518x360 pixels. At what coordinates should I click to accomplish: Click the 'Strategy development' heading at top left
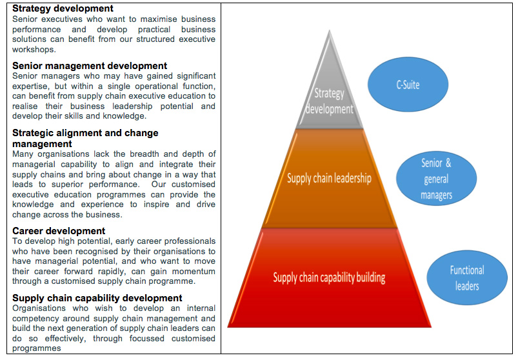pyautogui.click(x=63, y=8)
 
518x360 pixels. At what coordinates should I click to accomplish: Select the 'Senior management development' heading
pyautogui.click(x=90, y=65)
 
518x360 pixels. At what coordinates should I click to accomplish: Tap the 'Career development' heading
pyautogui.click(x=59, y=230)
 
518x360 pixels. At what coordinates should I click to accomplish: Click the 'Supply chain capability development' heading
pyautogui.click(x=97, y=297)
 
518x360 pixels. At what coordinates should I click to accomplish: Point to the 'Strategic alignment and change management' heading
pyautogui.click(x=85, y=137)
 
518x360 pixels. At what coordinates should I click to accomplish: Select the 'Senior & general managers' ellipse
pyautogui.click(x=436, y=179)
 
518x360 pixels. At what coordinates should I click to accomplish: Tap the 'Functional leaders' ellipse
pyautogui.click(x=466, y=278)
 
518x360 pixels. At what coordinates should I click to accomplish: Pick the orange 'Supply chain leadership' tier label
pyautogui.click(x=329, y=178)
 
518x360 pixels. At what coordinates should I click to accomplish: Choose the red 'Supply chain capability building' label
pyautogui.click(x=329, y=278)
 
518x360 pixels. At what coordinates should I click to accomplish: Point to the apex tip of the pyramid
pyautogui.click(x=330, y=31)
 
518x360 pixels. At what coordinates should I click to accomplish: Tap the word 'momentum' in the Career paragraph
pyautogui.click(x=193, y=272)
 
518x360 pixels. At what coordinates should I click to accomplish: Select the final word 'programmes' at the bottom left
pyautogui.click(x=36, y=348)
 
